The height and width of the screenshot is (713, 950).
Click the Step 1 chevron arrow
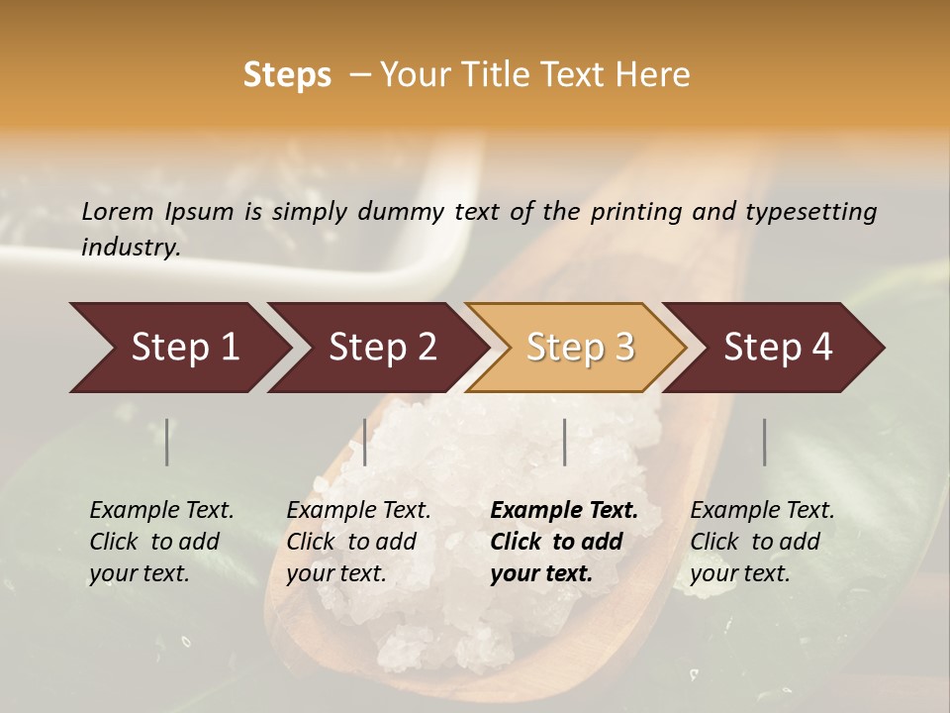[178, 348]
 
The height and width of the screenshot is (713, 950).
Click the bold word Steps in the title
[287, 75]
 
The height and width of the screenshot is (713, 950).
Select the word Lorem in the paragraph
[118, 211]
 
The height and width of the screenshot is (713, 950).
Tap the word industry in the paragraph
[131, 248]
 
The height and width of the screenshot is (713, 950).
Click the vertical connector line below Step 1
[167, 442]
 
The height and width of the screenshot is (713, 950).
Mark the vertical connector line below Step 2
[365, 442]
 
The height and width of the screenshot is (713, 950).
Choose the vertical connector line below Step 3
[564, 442]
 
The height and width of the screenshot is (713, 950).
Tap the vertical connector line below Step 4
[764, 442]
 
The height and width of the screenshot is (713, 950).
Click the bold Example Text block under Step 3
[564, 542]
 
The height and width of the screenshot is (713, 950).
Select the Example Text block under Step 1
[161, 542]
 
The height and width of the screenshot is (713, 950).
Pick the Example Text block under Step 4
[762, 542]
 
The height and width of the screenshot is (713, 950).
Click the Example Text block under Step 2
[358, 542]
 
